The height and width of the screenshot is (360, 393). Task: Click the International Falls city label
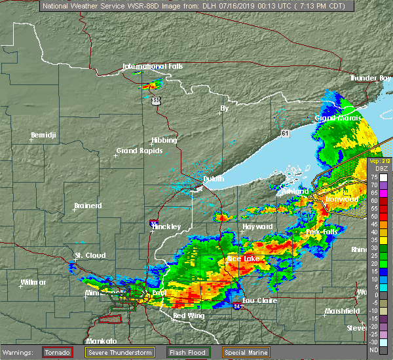[x=153, y=66]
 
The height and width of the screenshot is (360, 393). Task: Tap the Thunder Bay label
[x=370, y=78]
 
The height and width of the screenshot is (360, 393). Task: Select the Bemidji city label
[x=45, y=136]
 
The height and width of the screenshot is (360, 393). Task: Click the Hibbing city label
[x=164, y=140]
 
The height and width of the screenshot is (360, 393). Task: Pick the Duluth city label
[x=212, y=179]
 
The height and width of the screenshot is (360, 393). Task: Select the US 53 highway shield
[x=155, y=100]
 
